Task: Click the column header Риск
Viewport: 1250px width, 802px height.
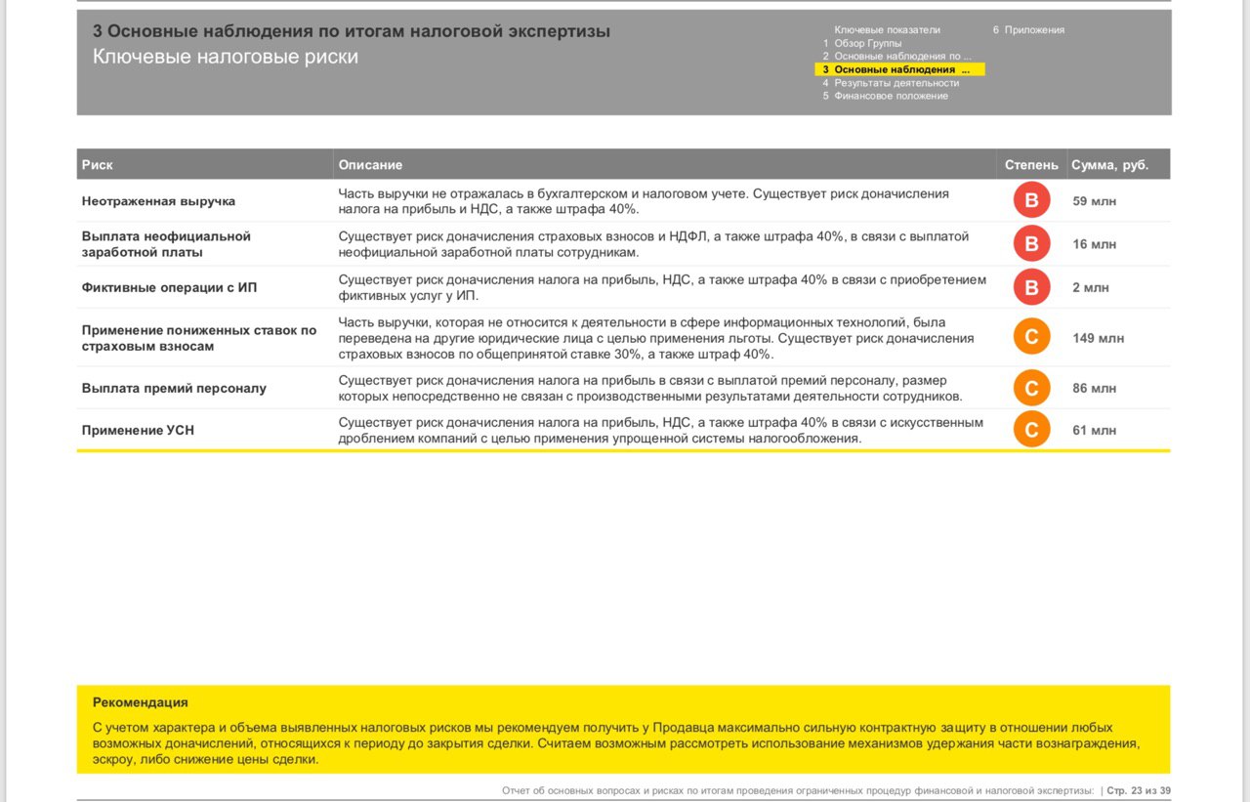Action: pos(98,165)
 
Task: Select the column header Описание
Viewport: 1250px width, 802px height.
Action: pos(370,165)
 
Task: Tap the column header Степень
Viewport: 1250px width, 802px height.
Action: pos(1030,165)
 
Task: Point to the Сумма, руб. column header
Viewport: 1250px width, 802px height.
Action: pos(1109,165)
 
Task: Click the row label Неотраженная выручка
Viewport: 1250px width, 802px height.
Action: pos(158,201)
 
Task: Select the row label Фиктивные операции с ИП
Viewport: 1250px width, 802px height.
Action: pos(169,287)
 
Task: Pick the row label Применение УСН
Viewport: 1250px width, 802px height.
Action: pos(138,430)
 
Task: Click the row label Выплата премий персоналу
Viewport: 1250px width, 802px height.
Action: pos(174,388)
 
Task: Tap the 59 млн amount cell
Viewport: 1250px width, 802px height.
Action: pos(1094,201)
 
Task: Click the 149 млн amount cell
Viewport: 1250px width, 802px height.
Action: pos(1098,338)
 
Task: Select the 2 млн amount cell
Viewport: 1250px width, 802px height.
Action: pos(1090,287)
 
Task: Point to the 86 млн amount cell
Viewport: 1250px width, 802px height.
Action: pos(1094,388)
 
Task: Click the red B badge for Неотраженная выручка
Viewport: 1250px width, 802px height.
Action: pos(1031,201)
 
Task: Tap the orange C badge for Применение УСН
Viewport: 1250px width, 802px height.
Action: pos(1031,430)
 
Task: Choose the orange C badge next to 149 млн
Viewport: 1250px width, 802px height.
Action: pos(1031,338)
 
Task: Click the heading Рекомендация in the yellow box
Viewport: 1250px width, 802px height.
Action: pos(140,702)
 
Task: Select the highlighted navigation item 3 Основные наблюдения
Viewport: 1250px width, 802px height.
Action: pos(899,69)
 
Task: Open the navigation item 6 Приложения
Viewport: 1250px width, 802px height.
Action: pos(1028,30)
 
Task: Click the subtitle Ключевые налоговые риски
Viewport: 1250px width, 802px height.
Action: pos(226,57)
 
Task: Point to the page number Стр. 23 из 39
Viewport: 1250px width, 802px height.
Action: pos(1138,790)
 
